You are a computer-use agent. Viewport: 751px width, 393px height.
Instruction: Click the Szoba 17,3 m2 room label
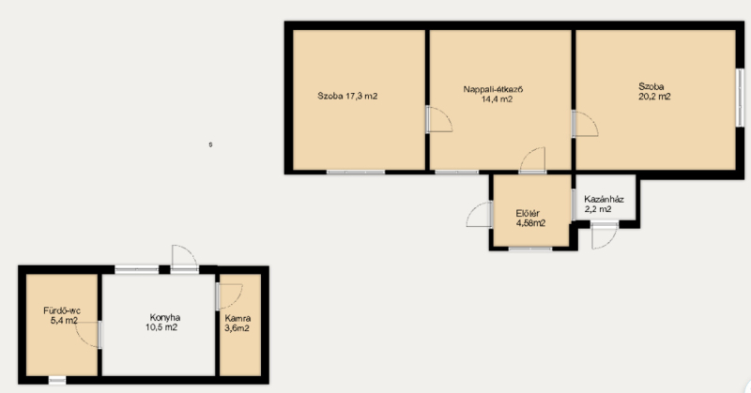(x=347, y=97)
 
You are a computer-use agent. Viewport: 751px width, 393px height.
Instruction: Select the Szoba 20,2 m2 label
(x=654, y=91)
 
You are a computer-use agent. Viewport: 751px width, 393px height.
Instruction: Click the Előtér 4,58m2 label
(x=530, y=219)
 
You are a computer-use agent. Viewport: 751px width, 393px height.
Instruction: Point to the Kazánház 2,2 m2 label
(x=604, y=204)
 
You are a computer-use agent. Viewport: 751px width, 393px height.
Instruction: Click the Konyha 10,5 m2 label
(x=162, y=323)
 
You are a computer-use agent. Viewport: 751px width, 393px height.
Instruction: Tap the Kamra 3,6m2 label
(x=238, y=323)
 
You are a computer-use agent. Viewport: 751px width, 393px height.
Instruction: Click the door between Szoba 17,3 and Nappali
(x=438, y=119)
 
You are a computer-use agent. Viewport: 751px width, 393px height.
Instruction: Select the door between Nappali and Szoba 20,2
(x=585, y=125)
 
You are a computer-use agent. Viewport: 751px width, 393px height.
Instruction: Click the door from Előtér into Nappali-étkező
(x=532, y=160)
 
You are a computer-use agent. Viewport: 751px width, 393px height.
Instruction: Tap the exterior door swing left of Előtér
(x=480, y=214)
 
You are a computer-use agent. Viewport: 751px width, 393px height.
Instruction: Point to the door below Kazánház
(x=605, y=235)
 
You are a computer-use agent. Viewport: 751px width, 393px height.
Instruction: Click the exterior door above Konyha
(x=185, y=259)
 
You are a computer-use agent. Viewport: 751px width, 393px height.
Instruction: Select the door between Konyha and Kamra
(x=229, y=296)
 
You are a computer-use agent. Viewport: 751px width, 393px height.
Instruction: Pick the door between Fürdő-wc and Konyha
(x=88, y=335)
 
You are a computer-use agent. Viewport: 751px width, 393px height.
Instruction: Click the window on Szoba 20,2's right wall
(x=740, y=98)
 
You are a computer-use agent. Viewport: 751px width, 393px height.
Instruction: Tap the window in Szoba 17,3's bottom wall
(x=356, y=172)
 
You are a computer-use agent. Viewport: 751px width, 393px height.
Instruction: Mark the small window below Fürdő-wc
(x=57, y=380)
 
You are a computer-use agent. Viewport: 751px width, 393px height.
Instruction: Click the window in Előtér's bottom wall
(x=530, y=249)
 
